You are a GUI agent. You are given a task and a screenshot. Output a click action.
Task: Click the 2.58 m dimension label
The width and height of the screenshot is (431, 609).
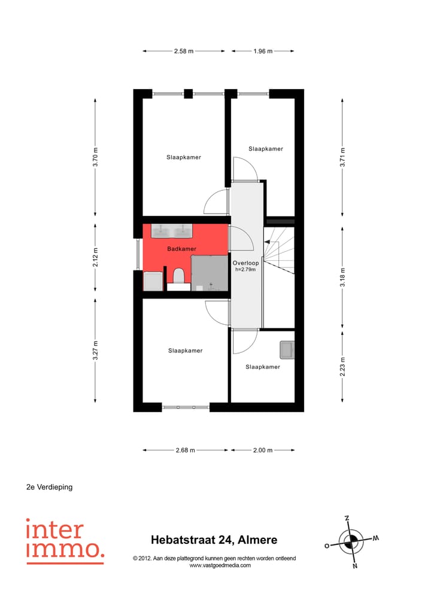click(x=184, y=51)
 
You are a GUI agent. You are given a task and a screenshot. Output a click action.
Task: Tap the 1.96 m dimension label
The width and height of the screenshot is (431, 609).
click(x=262, y=51)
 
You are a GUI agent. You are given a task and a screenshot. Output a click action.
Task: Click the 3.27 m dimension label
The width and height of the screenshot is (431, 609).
click(x=95, y=351)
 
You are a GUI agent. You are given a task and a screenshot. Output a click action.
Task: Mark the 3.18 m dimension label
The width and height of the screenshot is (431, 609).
click(x=342, y=278)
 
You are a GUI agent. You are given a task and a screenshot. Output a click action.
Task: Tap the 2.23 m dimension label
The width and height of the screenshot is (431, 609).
click(x=342, y=366)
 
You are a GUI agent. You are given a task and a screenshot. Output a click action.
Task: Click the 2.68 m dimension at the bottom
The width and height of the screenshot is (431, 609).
click(x=185, y=450)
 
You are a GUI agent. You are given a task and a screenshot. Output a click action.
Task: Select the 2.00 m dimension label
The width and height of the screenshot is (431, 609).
click(x=262, y=450)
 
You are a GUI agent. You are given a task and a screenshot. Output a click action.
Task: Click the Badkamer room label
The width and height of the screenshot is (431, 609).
click(x=182, y=249)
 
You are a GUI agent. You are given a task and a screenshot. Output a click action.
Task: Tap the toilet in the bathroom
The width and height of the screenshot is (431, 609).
click(x=178, y=276)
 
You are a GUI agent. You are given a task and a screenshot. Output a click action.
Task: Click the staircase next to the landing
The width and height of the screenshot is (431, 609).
click(x=280, y=249)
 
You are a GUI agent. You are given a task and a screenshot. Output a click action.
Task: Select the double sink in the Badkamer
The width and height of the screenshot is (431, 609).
click(x=172, y=231)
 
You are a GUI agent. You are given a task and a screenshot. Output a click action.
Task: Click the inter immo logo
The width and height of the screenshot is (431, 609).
click(x=65, y=541)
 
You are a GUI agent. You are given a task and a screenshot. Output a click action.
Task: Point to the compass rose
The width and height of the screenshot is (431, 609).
click(x=352, y=541)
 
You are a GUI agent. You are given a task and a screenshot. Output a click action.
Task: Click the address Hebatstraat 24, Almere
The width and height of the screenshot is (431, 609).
click(x=214, y=540)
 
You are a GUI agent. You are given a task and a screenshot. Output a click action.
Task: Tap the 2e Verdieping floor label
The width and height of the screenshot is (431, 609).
click(x=49, y=487)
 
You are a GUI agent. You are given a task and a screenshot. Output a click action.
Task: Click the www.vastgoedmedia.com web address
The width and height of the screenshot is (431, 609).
click(x=220, y=565)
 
